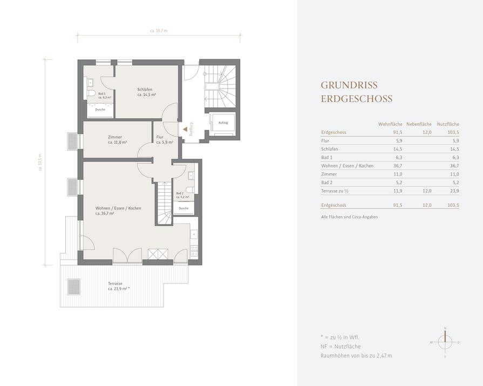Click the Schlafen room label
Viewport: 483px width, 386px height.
145,90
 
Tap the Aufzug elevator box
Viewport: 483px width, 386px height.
223,123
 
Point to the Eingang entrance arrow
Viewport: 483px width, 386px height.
185,130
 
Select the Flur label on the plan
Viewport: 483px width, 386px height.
160,137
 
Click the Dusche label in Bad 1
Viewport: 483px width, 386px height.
100,110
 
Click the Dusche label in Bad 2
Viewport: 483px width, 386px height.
183,208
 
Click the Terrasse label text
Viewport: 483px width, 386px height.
115,284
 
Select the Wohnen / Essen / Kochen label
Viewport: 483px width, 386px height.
118,208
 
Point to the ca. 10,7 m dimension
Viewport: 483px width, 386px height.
159,31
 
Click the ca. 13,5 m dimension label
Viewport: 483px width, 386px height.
40,162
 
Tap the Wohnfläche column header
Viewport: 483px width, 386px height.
390,124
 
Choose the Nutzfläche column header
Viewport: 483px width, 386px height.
448,124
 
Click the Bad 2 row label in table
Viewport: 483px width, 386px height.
326,182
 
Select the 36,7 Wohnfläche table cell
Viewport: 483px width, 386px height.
398,166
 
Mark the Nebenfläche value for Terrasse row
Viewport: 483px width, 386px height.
427,191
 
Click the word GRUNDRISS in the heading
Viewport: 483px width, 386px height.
349,85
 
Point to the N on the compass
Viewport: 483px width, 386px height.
445,328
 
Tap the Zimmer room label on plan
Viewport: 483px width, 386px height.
115,137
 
